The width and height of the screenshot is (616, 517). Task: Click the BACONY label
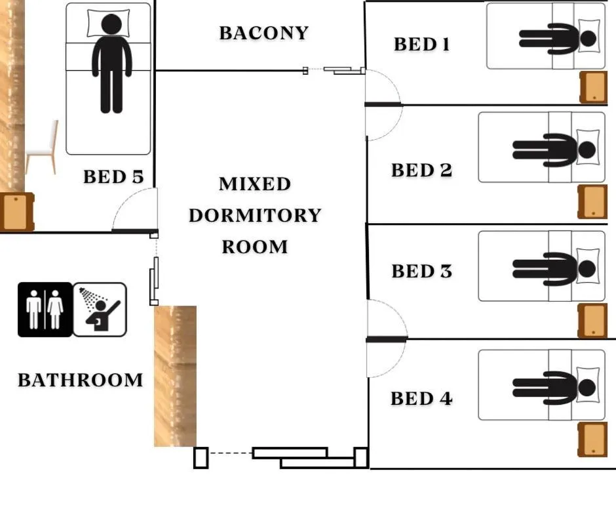coord(263,33)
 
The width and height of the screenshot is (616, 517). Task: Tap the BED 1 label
coord(421,44)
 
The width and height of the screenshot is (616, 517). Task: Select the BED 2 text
coord(421,170)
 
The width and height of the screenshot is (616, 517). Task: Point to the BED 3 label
coord(421,271)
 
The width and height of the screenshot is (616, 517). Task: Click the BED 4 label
coord(421,398)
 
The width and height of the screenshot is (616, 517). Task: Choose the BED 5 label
coord(113,176)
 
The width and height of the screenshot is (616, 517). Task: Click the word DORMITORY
coord(255,215)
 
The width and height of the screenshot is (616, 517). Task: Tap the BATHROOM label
coord(80,380)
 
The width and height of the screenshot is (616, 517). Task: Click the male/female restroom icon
coord(45,310)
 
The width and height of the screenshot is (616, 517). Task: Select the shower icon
coord(100,310)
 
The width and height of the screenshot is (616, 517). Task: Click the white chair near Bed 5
coord(42,147)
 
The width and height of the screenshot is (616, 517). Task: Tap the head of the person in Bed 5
coord(111,24)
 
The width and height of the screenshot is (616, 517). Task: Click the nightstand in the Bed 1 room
coord(594,87)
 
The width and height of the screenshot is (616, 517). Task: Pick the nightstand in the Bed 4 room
coord(592,440)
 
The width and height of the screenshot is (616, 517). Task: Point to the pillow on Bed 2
coord(588,147)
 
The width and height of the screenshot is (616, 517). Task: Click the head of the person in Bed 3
coord(587,269)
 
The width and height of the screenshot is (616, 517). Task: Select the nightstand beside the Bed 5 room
coord(17,212)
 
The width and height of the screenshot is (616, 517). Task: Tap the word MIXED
coord(255,184)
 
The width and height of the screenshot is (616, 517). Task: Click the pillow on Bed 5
coord(108,23)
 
